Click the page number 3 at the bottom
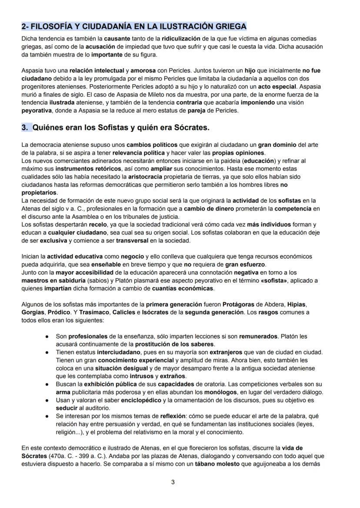(x=173, y=482)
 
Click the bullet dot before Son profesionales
(x=47, y=336)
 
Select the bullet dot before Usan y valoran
(x=47, y=400)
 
